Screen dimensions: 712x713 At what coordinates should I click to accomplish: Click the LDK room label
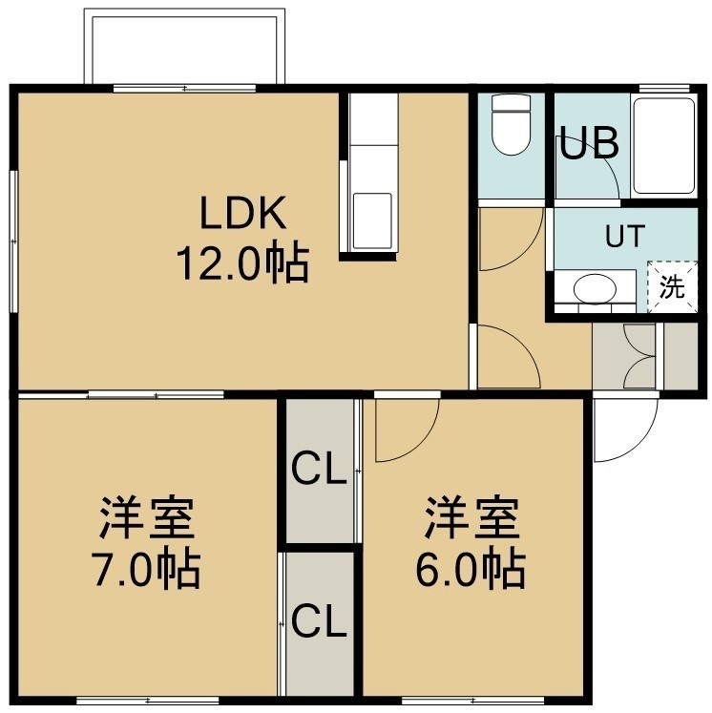click(243, 212)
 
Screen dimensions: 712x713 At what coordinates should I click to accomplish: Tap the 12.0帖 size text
click(243, 263)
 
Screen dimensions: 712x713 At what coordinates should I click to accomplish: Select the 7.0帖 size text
click(145, 570)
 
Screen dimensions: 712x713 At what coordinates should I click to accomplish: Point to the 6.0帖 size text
click(471, 570)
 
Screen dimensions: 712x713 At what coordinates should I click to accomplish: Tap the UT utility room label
click(625, 235)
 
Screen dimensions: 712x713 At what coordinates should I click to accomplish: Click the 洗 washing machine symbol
click(673, 287)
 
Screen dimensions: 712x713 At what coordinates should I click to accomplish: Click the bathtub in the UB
click(664, 146)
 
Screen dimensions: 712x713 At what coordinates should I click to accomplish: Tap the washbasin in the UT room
click(595, 288)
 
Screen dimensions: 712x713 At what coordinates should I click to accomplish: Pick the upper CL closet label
click(319, 469)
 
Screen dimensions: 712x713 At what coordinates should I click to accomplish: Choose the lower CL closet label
click(319, 621)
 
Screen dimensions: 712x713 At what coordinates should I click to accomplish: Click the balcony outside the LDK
click(184, 47)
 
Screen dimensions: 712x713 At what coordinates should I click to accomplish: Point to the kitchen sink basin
click(372, 220)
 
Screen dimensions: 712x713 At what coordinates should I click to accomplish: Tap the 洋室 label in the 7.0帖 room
click(147, 518)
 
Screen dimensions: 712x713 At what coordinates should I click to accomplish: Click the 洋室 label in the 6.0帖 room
click(471, 518)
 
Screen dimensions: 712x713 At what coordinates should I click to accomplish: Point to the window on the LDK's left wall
click(14, 241)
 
